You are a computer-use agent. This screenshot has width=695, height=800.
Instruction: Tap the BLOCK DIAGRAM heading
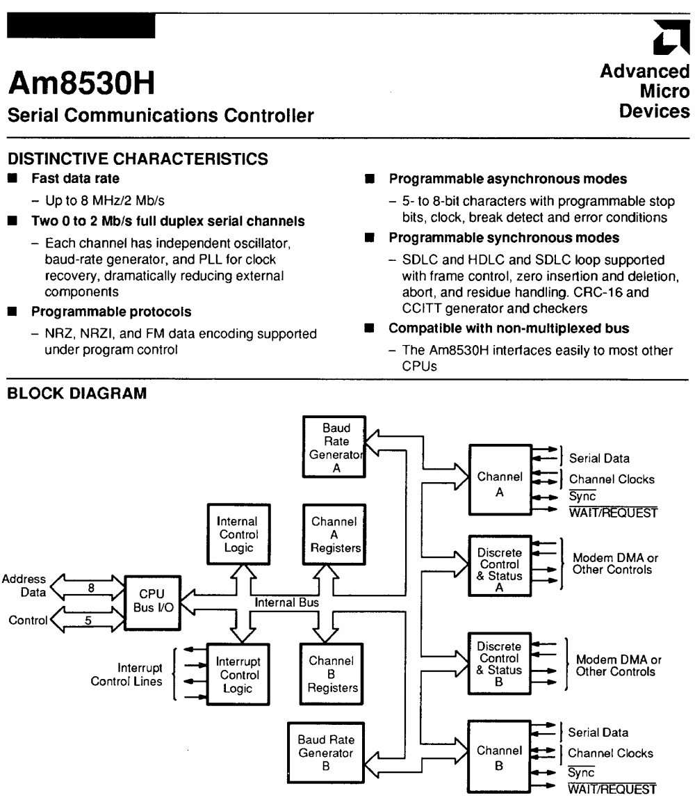[76, 394]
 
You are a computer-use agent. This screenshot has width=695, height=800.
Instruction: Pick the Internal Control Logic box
[238, 534]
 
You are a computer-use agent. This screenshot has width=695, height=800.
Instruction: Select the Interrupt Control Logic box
[238, 675]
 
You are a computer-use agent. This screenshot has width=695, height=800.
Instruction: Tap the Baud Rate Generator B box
[325, 753]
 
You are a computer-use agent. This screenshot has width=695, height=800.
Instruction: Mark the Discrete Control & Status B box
[500, 664]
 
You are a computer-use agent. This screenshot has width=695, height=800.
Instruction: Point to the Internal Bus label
[287, 602]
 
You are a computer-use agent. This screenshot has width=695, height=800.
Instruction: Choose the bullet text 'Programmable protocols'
[111, 312]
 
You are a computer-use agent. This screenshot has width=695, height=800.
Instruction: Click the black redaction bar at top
[81, 26]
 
